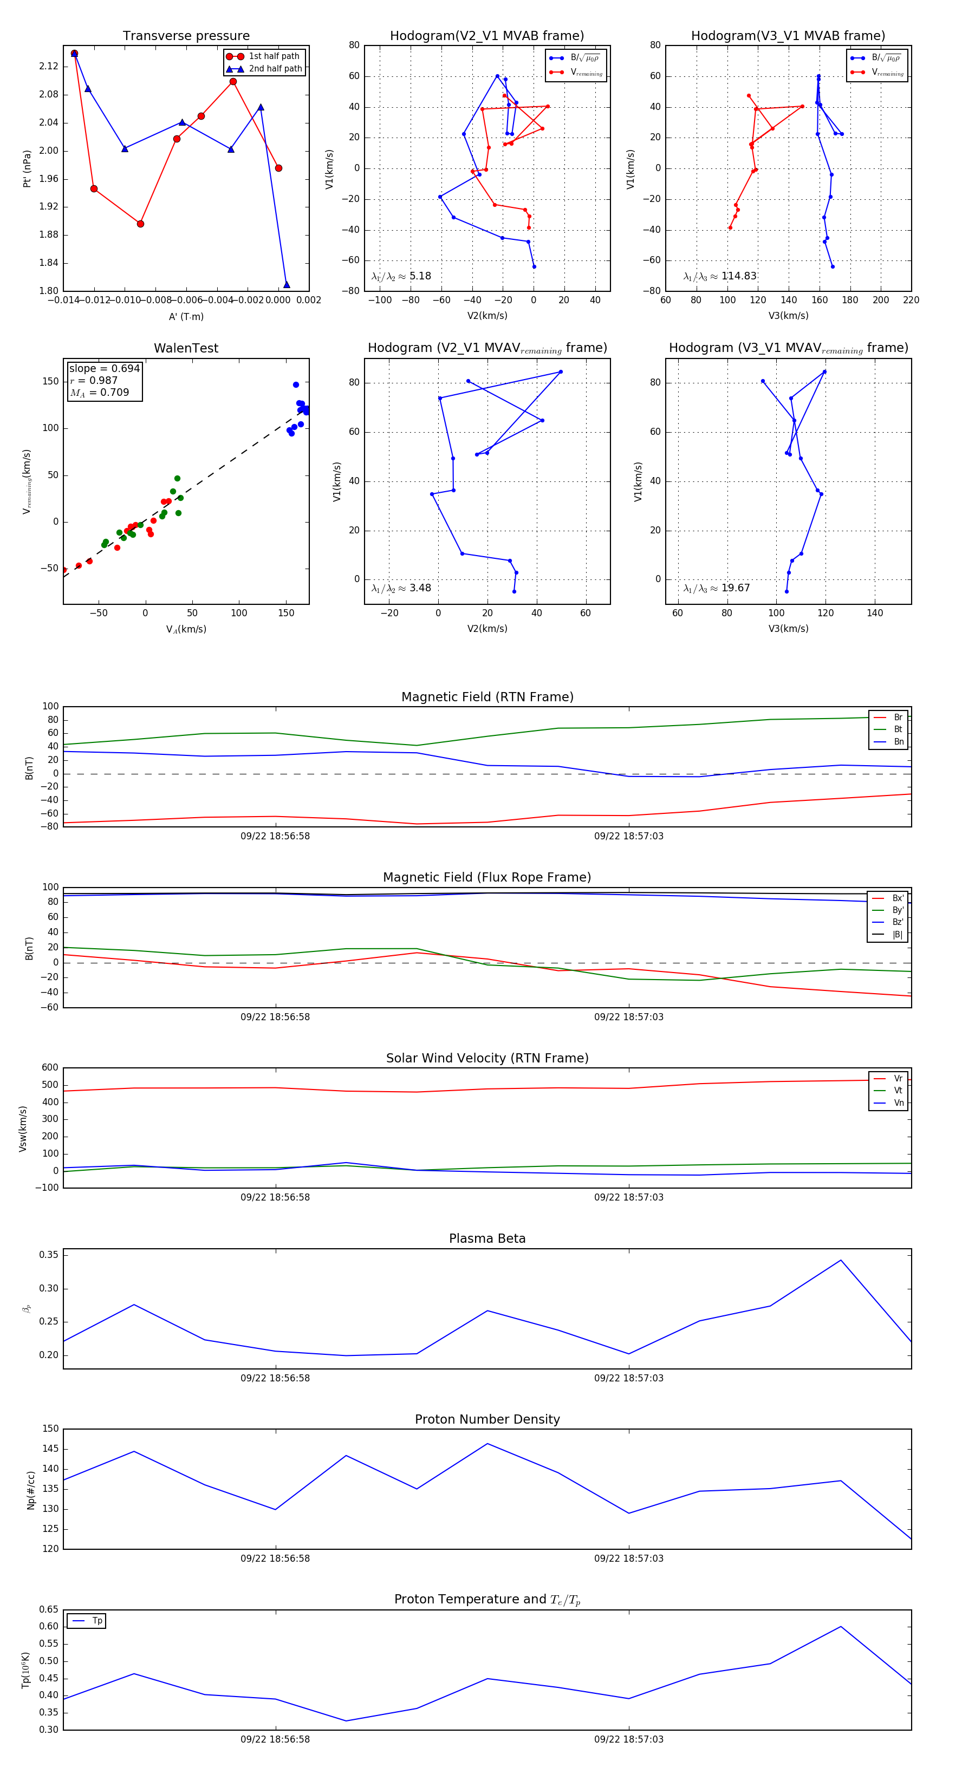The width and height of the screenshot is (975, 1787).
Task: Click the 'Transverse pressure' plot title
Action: coord(186,36)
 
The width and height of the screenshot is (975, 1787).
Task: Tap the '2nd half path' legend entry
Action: coord(275,69)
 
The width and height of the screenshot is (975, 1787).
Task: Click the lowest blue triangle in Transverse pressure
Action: coord(287,284)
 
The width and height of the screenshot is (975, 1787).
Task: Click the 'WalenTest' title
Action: coord(186,348)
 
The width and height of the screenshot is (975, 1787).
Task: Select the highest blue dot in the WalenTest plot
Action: coord(296,384)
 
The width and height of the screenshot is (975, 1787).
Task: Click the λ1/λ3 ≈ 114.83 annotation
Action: coord(720,276)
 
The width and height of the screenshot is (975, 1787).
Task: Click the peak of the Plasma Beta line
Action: coord(840,1261)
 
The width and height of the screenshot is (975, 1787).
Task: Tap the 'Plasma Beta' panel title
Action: coord(487,1239)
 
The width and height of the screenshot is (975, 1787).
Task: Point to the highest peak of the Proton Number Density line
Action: coord(487,1444)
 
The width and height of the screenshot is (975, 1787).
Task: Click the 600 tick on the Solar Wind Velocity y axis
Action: coord(49,1068)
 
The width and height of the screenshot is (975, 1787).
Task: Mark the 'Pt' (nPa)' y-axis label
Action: coord(27,168)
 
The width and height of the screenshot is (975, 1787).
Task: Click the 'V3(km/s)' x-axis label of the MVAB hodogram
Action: coord(788,316)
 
